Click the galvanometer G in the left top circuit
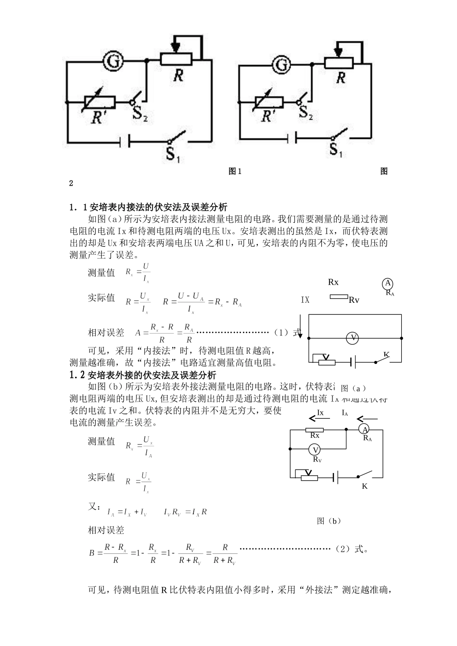coord(113,62)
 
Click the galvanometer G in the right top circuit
coord(283,64)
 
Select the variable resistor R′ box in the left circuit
coord(100,102)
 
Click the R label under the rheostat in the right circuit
coord(341,78)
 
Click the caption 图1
coord(235,172)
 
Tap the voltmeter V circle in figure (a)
coord(353,338)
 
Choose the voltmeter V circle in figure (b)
coord(315,450)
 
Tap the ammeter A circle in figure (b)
coord(365,429)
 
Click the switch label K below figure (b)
coord(365,486)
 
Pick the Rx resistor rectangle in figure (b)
coord(315,430)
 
